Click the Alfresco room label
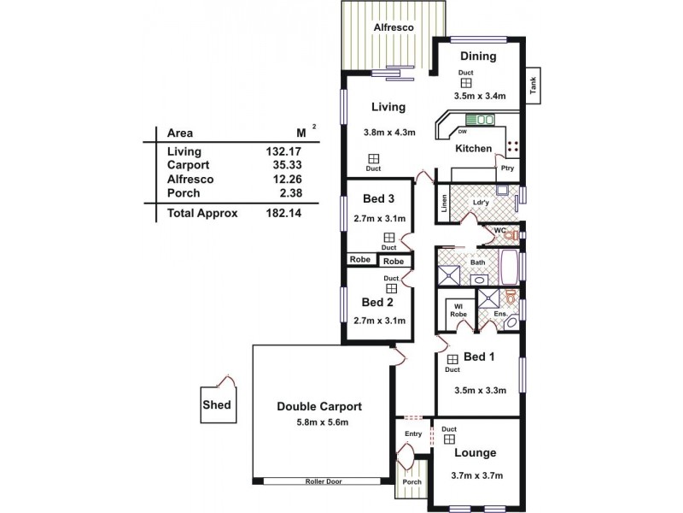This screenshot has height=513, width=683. [394, 28]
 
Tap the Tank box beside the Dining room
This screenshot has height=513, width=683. [533, 85]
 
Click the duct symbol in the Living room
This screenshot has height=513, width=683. [374, 158]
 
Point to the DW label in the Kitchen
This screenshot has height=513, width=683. [462, 132]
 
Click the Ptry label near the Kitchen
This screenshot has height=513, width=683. [507, 168]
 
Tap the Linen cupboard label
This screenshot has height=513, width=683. [445, 205]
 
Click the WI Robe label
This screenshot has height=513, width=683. [458, 310]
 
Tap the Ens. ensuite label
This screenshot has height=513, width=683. [501, 315]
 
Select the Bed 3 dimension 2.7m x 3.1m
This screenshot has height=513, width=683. [379, 219]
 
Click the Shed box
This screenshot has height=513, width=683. [216, 405]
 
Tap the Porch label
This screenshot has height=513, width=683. [412, 481]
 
